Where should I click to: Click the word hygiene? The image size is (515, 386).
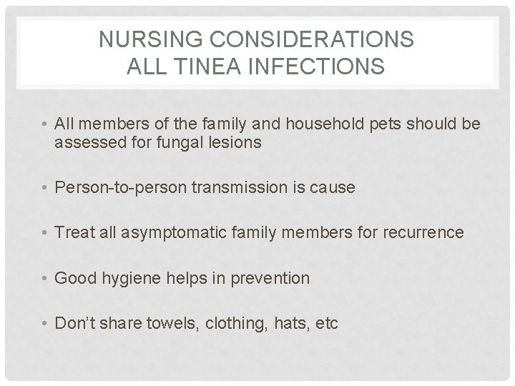click(135, 277)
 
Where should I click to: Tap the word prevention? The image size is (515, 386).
click(272, 277)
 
